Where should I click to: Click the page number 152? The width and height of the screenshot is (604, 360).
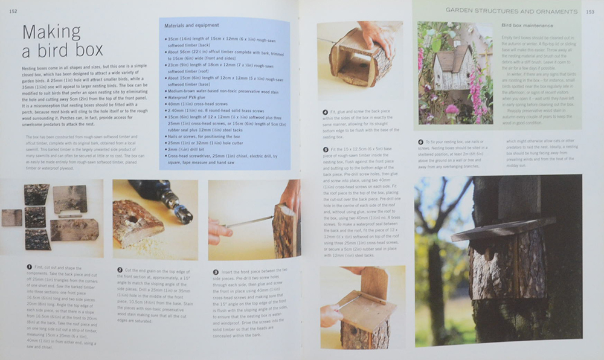click(13, 11)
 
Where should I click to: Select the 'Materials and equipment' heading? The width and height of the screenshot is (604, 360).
click(191, 25)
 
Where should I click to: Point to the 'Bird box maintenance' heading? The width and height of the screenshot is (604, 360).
click(527, 26)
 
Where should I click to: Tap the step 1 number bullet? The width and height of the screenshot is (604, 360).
click(28, 266)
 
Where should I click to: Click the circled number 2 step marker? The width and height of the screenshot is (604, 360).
click(120, 269)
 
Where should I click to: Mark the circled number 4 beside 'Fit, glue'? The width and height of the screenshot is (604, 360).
click(326, 112)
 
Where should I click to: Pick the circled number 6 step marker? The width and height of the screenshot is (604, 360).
click(420, 143)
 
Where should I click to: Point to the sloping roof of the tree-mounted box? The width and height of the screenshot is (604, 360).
click(501, 228)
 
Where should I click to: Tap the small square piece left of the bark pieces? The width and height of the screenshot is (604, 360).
click(11, 217)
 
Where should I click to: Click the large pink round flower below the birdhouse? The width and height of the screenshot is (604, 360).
click(452, 109)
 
